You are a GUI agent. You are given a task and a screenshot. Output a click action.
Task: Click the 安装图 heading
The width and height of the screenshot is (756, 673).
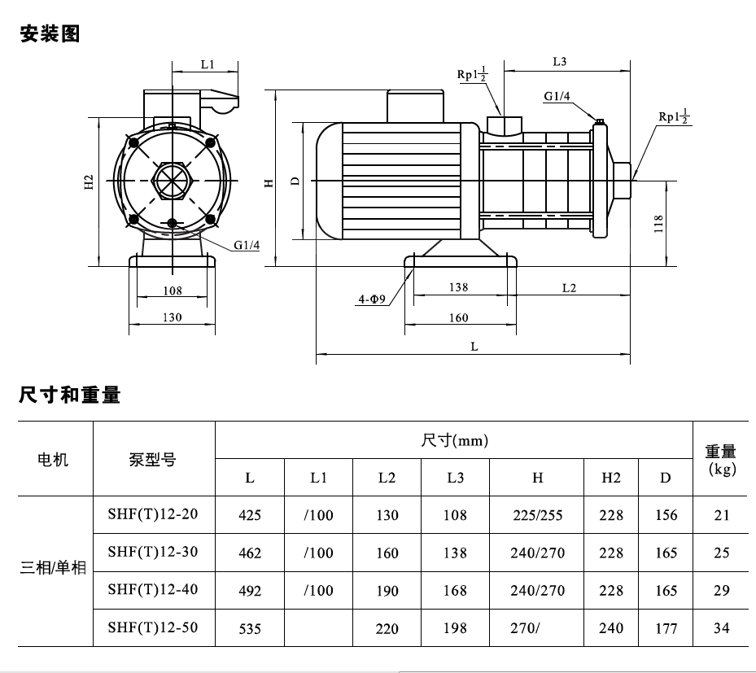coord(50,33)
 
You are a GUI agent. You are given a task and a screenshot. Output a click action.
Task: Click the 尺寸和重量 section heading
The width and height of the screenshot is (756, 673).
coord(70,395)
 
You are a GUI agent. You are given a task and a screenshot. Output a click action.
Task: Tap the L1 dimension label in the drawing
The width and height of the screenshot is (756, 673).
coord(208,64)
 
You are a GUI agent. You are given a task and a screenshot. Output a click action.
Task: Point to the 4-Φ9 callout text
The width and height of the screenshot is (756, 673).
coord(372,299)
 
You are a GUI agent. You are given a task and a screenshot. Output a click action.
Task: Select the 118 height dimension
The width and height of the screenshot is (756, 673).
coord(658,224)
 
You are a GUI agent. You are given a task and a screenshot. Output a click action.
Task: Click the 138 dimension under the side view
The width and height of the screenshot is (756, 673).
coord(458,287)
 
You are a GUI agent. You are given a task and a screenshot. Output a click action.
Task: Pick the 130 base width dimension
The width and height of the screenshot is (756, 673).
coord(173,317)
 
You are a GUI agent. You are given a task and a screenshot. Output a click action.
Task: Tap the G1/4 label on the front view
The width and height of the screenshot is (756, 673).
coord(247,246)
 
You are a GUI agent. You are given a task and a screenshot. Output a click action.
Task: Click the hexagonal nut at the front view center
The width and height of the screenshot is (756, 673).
coord(173,181)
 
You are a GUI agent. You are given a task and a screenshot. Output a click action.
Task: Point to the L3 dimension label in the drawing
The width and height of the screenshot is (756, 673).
coord(559,62)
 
